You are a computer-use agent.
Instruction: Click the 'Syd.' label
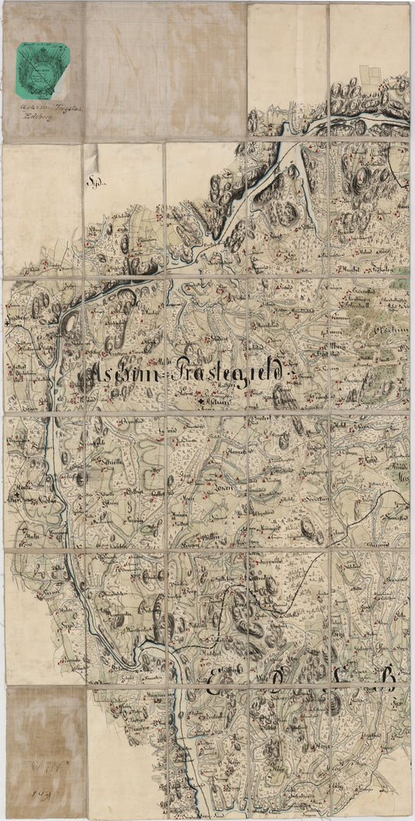click(95, 182)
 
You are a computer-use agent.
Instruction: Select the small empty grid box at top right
click(371, 73)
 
